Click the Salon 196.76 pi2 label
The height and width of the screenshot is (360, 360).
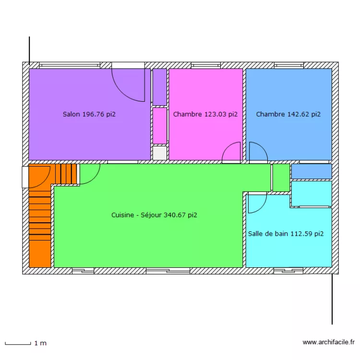click(89, 114)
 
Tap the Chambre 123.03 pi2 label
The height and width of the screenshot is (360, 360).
click(205, 114)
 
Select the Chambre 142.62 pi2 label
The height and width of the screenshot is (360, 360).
click(288, 114)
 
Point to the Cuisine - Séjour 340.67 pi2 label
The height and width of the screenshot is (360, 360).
click(154, 216)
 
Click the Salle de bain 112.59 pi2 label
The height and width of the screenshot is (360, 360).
click(286, 234)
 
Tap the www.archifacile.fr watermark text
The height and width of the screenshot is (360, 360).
click(328, 342)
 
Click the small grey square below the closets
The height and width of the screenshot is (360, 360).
click(159, 153)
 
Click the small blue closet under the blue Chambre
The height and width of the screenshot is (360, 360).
click(312, 171)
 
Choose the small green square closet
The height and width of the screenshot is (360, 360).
click(281, 178)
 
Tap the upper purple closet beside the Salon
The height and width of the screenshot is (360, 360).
click(159, 86)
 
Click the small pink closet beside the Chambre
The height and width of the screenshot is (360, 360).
click(159, 126)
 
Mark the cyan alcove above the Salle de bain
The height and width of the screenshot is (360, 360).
click(312, 193)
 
